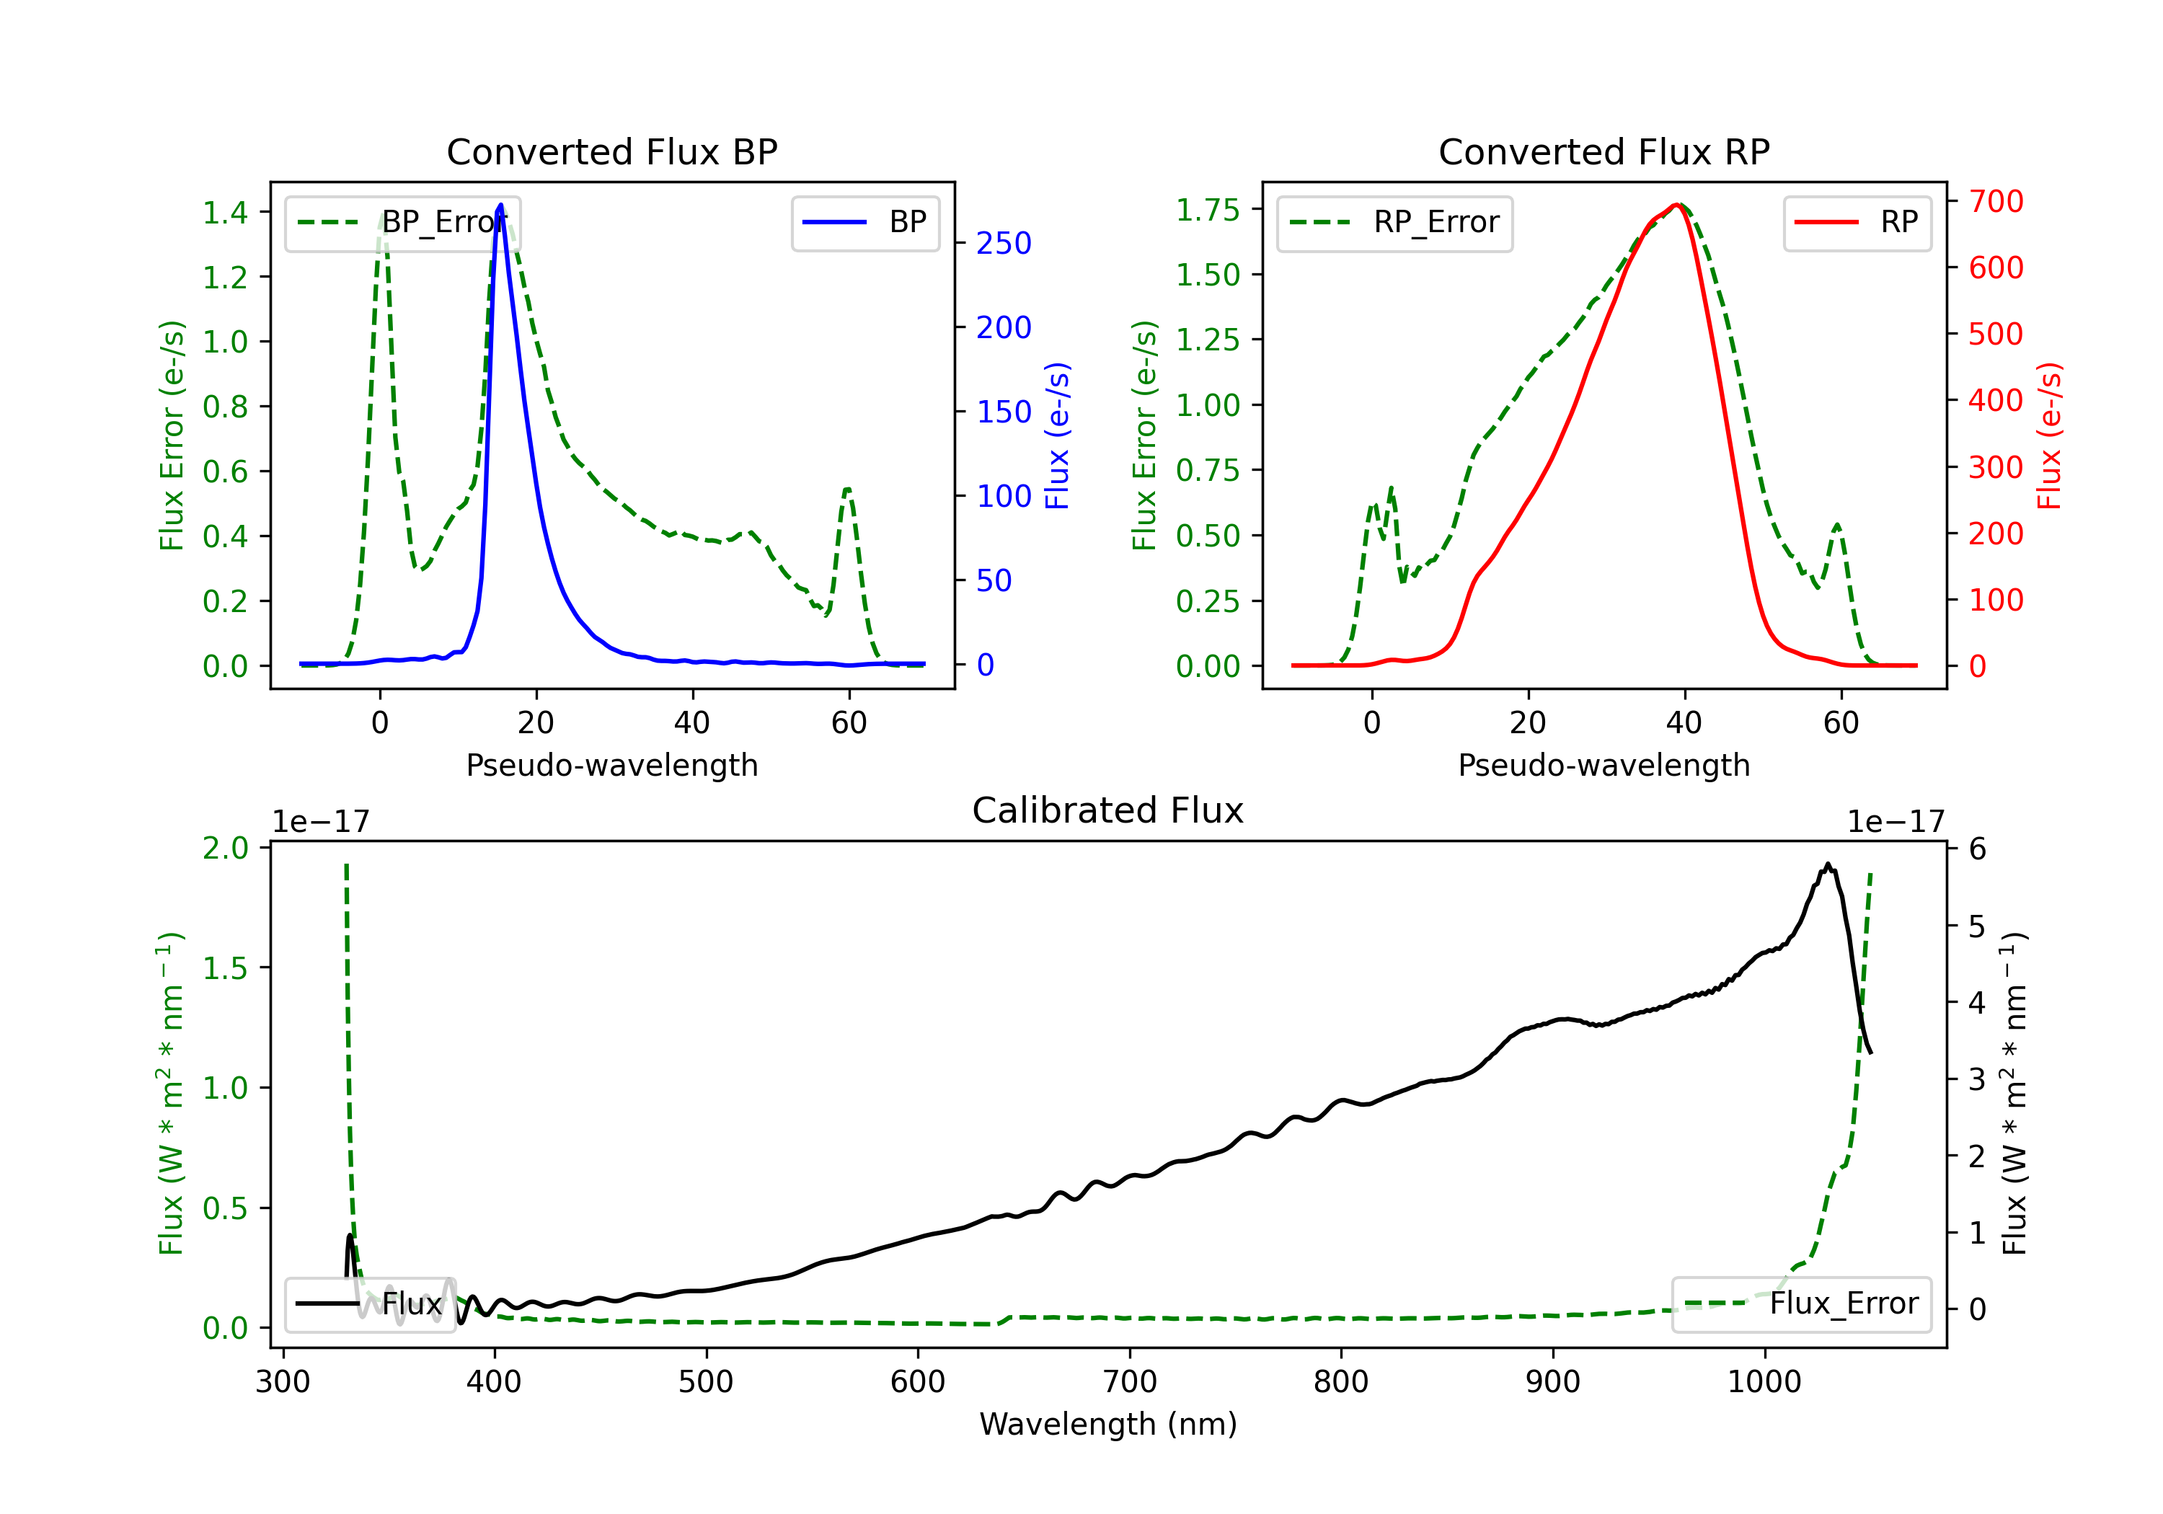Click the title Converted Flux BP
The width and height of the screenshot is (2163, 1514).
[611, 151]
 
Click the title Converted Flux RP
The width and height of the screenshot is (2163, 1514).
[1604, 151]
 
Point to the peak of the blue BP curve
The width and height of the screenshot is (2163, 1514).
[500, 205]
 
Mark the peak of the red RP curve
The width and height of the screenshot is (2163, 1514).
[1677, 205]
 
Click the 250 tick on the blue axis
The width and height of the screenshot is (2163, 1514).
[1004, 243]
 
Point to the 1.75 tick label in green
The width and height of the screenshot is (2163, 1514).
[1208, 209]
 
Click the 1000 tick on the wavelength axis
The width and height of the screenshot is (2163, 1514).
[1764, 1381]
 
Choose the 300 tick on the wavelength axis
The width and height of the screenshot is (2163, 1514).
[283, 1381]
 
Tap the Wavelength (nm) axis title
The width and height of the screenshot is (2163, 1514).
[1108, 1424]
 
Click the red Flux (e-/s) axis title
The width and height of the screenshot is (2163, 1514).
[2049, 435]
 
